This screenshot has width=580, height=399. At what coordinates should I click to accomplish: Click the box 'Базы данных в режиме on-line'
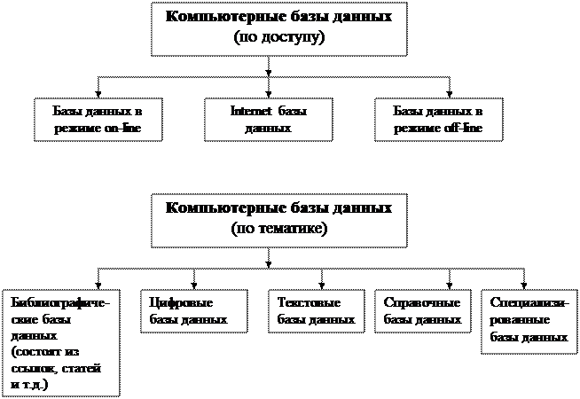[99, 120]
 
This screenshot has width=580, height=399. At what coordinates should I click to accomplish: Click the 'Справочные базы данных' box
[421, 310]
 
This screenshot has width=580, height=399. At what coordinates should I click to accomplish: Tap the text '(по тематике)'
[278, 229]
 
